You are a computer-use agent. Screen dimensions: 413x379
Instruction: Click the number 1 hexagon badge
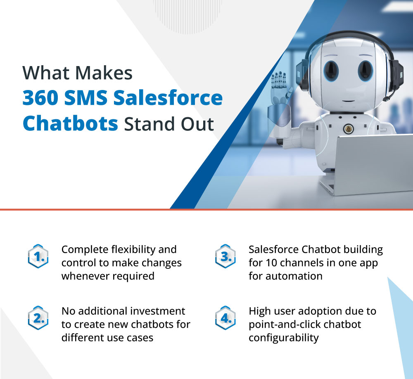[38, 256]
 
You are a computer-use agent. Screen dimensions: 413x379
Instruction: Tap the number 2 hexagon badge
[38, 318]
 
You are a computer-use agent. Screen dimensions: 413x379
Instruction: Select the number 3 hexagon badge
[225, 256]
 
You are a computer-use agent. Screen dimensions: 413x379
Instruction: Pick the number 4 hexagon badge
[225, 318]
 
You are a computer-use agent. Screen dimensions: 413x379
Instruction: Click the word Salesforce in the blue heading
[168, 98]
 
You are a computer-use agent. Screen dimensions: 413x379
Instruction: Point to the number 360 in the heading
[40, 98]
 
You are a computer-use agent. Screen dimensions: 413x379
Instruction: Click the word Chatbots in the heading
[70, 123]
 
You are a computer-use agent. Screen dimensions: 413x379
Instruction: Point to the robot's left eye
[331, 70]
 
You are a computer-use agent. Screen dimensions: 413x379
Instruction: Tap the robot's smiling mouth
[349, 101]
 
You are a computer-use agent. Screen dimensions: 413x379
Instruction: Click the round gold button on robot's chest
[349, 129]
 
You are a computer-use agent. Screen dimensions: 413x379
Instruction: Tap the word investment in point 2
[158, 311]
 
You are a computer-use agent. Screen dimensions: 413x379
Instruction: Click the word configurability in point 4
[283, 338]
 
